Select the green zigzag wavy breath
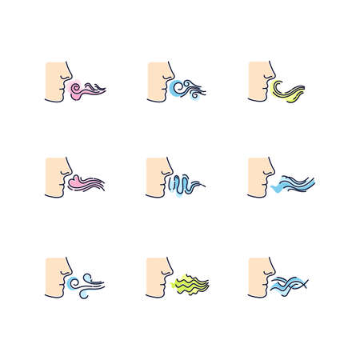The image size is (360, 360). tap(190, 282)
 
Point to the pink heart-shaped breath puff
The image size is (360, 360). tap(81, 183)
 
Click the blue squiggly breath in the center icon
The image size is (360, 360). tap(182, 184)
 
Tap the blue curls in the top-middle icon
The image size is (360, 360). tap(185, 87)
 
